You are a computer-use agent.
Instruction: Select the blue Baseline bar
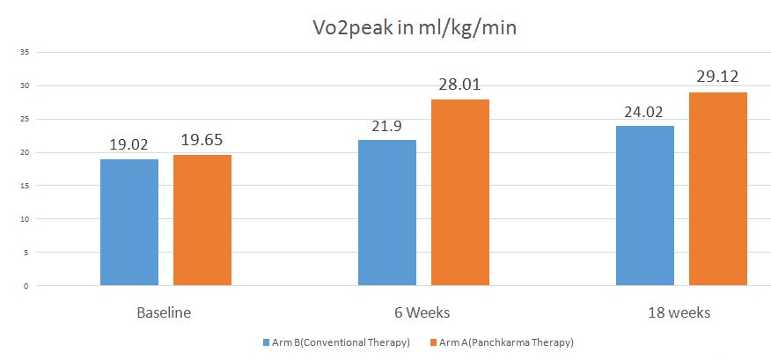pos(129,222)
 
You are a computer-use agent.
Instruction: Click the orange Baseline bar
pos(202,220)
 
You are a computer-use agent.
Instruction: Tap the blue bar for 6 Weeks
pos(387,212)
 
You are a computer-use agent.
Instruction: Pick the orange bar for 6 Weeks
pos(460,192)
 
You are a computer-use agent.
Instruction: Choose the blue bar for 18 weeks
pos(645,205)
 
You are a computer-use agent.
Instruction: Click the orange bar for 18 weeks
pos(718,188)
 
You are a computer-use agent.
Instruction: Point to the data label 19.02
pos(129,143)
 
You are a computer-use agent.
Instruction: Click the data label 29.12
pos(718,77)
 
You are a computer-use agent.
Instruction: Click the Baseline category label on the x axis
pos(164,312)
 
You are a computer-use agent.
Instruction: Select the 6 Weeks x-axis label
pos(422,312)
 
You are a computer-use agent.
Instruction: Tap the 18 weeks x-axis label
pos(680,312)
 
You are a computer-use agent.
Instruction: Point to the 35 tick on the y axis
pos(25,53)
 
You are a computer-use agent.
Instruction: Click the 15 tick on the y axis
pos(25,186)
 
